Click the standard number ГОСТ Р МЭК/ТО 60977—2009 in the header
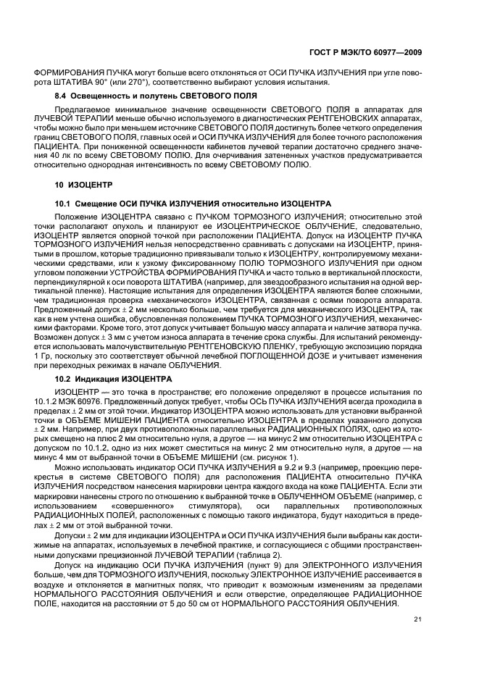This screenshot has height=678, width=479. click(366, 52)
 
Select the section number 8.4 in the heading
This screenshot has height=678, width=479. click(63, 96)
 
